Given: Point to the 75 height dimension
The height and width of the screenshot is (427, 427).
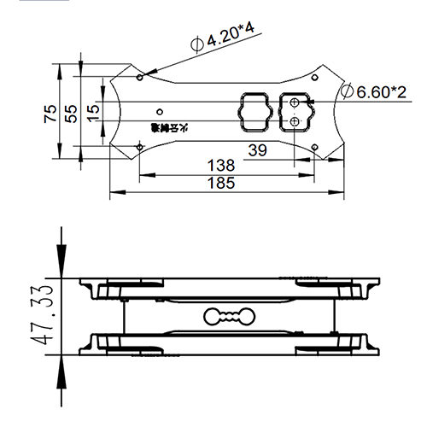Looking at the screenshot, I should pos(50,111).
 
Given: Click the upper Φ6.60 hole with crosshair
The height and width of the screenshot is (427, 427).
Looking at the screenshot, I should pos(295,103).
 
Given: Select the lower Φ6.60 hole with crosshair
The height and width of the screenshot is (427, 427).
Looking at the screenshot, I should pos(295,121).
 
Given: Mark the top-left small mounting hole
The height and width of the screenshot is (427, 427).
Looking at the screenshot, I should pos(139,77).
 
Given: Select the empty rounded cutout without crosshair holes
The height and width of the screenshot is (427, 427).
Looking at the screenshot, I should pos(255,112).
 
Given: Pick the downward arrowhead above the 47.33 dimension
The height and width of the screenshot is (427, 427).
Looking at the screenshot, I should pos(61,263).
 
